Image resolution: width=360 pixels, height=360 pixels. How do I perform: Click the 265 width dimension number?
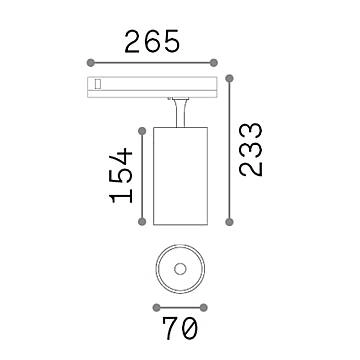(152, 41)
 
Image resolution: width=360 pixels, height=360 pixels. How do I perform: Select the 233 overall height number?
(253, 150)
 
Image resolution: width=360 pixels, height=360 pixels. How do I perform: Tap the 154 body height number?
(121, 174)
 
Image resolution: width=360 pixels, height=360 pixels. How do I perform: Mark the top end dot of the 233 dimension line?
(233, 73)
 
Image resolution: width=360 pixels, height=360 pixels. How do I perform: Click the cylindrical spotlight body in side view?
(179, 175)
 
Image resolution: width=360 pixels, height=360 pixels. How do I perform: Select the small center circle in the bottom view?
(179, 267)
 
